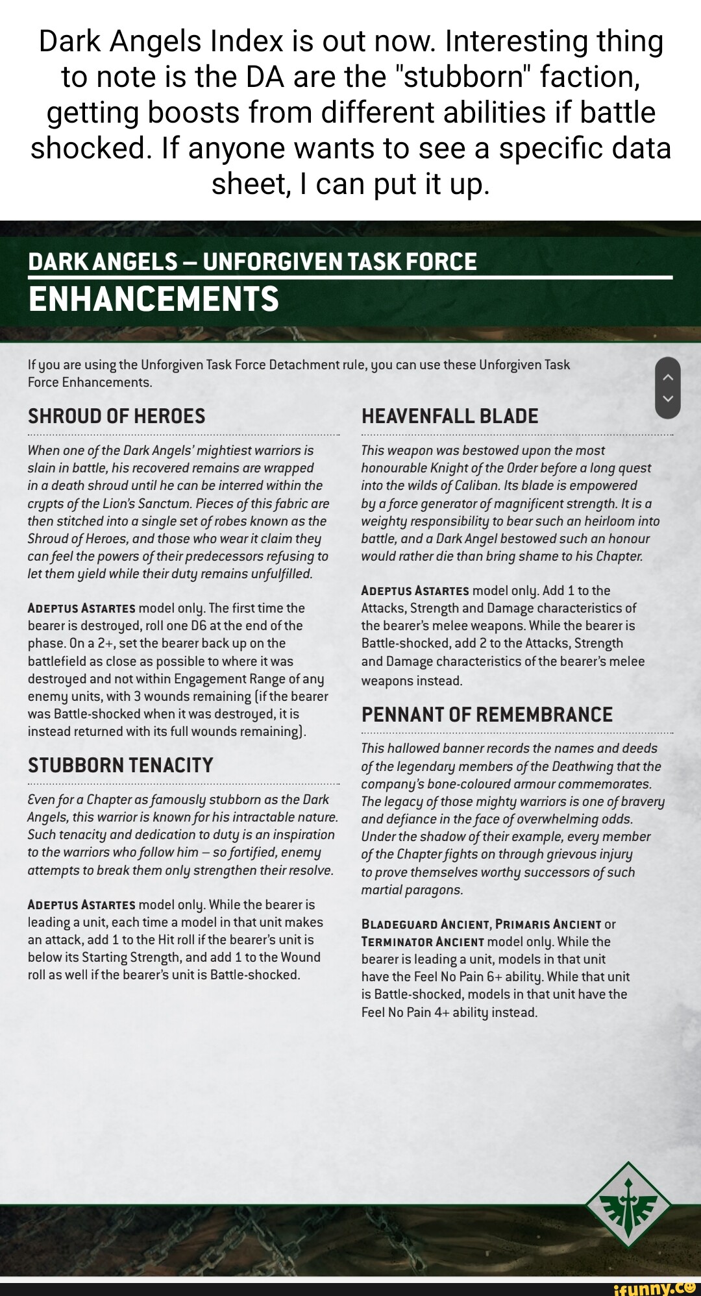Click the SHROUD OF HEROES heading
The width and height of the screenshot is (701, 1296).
click(116, 417)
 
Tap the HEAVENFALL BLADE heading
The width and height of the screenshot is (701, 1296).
click(450, 417)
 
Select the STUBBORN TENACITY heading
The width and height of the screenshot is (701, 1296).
click(120, 765)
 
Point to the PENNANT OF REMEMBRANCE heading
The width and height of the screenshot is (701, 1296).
click(487, 715)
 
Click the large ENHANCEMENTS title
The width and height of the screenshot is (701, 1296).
click(154, 299)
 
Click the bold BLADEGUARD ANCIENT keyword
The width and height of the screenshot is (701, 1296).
click(425, 924)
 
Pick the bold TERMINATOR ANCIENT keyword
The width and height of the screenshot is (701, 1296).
click(423, 942)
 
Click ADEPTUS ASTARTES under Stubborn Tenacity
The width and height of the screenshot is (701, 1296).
click(81, 905)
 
